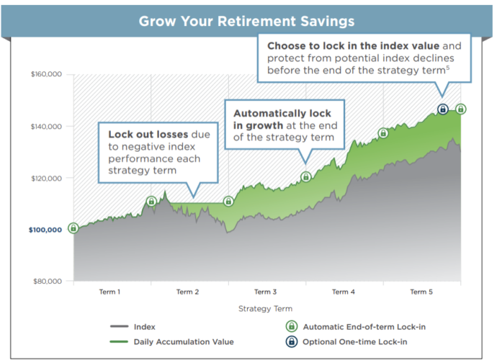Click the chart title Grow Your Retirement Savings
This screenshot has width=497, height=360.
click(x=246, y=21)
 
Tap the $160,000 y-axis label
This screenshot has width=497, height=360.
click(x=46, y=74)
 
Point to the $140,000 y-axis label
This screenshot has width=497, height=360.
click(x=46, y=127)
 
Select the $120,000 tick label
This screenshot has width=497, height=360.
click(x=46, y=179)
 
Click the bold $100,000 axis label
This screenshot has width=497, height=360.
click(x=45, y=230)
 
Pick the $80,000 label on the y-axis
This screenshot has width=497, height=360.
click(x=48, y=282)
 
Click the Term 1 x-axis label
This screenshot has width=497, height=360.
click(x=109, y=292)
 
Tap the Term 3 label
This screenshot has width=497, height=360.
click(x=265, y=292)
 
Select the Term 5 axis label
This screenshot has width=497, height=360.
click(x=421, y=292)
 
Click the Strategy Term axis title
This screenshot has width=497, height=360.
click(x=265, y=309)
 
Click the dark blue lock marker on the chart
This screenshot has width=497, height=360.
click(x=443, y=109)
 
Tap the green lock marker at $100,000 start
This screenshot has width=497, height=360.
click(x=73, y=228)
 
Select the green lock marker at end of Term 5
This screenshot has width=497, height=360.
click(x=460, y=109)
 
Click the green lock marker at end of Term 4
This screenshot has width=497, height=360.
click(x=383, y=133)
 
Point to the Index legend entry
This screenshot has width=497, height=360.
click(x=133, y=327)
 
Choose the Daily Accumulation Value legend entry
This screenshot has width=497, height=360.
click(x=172, y=342)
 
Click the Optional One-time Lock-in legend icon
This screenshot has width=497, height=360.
click(x=292, y=341)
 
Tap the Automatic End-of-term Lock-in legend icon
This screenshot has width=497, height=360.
click(x=292, y=326)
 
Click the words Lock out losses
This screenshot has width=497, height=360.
click(x=148, y=135)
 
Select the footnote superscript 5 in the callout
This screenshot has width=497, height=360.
click(x=448, y=68)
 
